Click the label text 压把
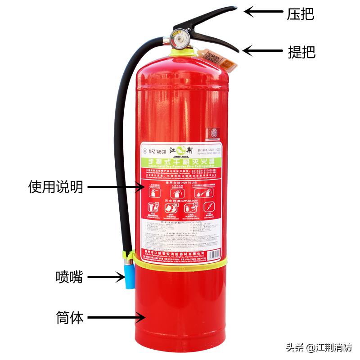click(301, 14)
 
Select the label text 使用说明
click(56, 186)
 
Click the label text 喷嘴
click(69, 276)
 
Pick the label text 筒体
click(70, 318)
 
